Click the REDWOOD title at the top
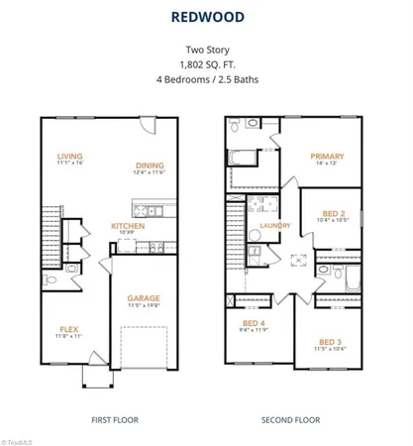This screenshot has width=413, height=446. (206, 16)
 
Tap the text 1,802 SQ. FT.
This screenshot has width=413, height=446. (206, 62)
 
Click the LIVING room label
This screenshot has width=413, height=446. (69, 156)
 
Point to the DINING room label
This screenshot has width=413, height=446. (151, 166)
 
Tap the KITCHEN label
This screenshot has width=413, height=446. (128, 225)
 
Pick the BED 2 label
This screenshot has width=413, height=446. (334, 212)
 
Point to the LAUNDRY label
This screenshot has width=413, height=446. (274, 225)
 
